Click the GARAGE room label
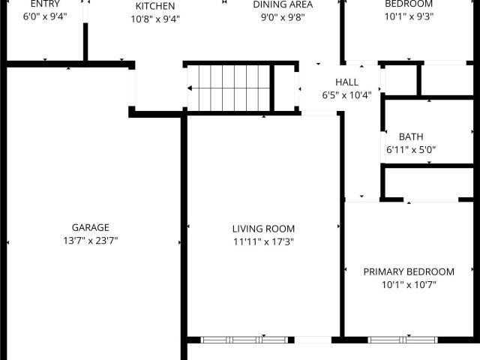(90, 227)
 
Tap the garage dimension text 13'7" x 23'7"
(90, 241)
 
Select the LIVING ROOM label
(263, 229)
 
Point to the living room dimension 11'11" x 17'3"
(263, 241)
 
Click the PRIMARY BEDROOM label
(409, 271)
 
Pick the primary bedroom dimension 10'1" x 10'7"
(409, 285)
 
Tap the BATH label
(411, 136)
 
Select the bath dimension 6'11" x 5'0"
(411, 150)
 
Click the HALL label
(346, 82)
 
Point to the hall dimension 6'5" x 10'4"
(346, 95)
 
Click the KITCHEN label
(155, 6)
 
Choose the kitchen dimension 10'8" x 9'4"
(155, 19)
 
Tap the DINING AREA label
(283, 4)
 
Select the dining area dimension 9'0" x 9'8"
(283, 17)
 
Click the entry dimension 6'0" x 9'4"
(45, 16)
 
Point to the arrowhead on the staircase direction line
(190, 88)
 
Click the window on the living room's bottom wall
(244, 340)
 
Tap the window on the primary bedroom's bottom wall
(403, 340)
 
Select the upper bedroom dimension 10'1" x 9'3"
(409, 16)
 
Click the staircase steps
(229, 88)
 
